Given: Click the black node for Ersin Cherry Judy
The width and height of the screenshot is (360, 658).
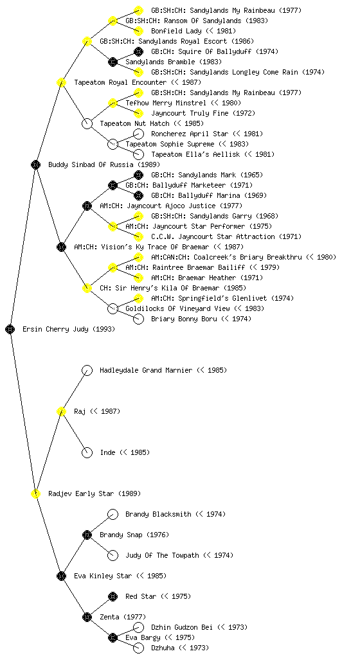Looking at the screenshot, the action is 10,329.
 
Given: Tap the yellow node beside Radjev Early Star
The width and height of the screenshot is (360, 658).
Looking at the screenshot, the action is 35,493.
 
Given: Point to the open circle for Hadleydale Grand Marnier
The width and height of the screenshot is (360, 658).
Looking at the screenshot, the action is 87,370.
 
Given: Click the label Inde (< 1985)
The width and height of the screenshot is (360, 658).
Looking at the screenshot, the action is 125,452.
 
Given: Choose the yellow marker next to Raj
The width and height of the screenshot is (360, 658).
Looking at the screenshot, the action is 61,411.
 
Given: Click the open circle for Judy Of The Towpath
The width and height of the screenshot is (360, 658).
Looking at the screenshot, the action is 113,555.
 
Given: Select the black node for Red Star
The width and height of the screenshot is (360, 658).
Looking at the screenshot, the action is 113,596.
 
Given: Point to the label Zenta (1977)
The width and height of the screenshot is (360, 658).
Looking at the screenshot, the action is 123,617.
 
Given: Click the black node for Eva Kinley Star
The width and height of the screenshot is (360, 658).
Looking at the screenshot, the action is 61,576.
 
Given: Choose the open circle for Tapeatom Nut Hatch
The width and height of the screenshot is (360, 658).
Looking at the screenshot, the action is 87,123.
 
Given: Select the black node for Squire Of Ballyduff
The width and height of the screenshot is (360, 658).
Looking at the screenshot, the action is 138,51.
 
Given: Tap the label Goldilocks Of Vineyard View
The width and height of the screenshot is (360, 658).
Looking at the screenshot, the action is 178,308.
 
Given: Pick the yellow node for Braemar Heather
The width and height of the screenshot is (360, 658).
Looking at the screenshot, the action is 138,278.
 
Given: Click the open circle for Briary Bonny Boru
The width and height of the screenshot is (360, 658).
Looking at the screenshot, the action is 138,319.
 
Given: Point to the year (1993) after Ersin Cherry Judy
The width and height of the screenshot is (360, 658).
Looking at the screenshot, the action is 104,329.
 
